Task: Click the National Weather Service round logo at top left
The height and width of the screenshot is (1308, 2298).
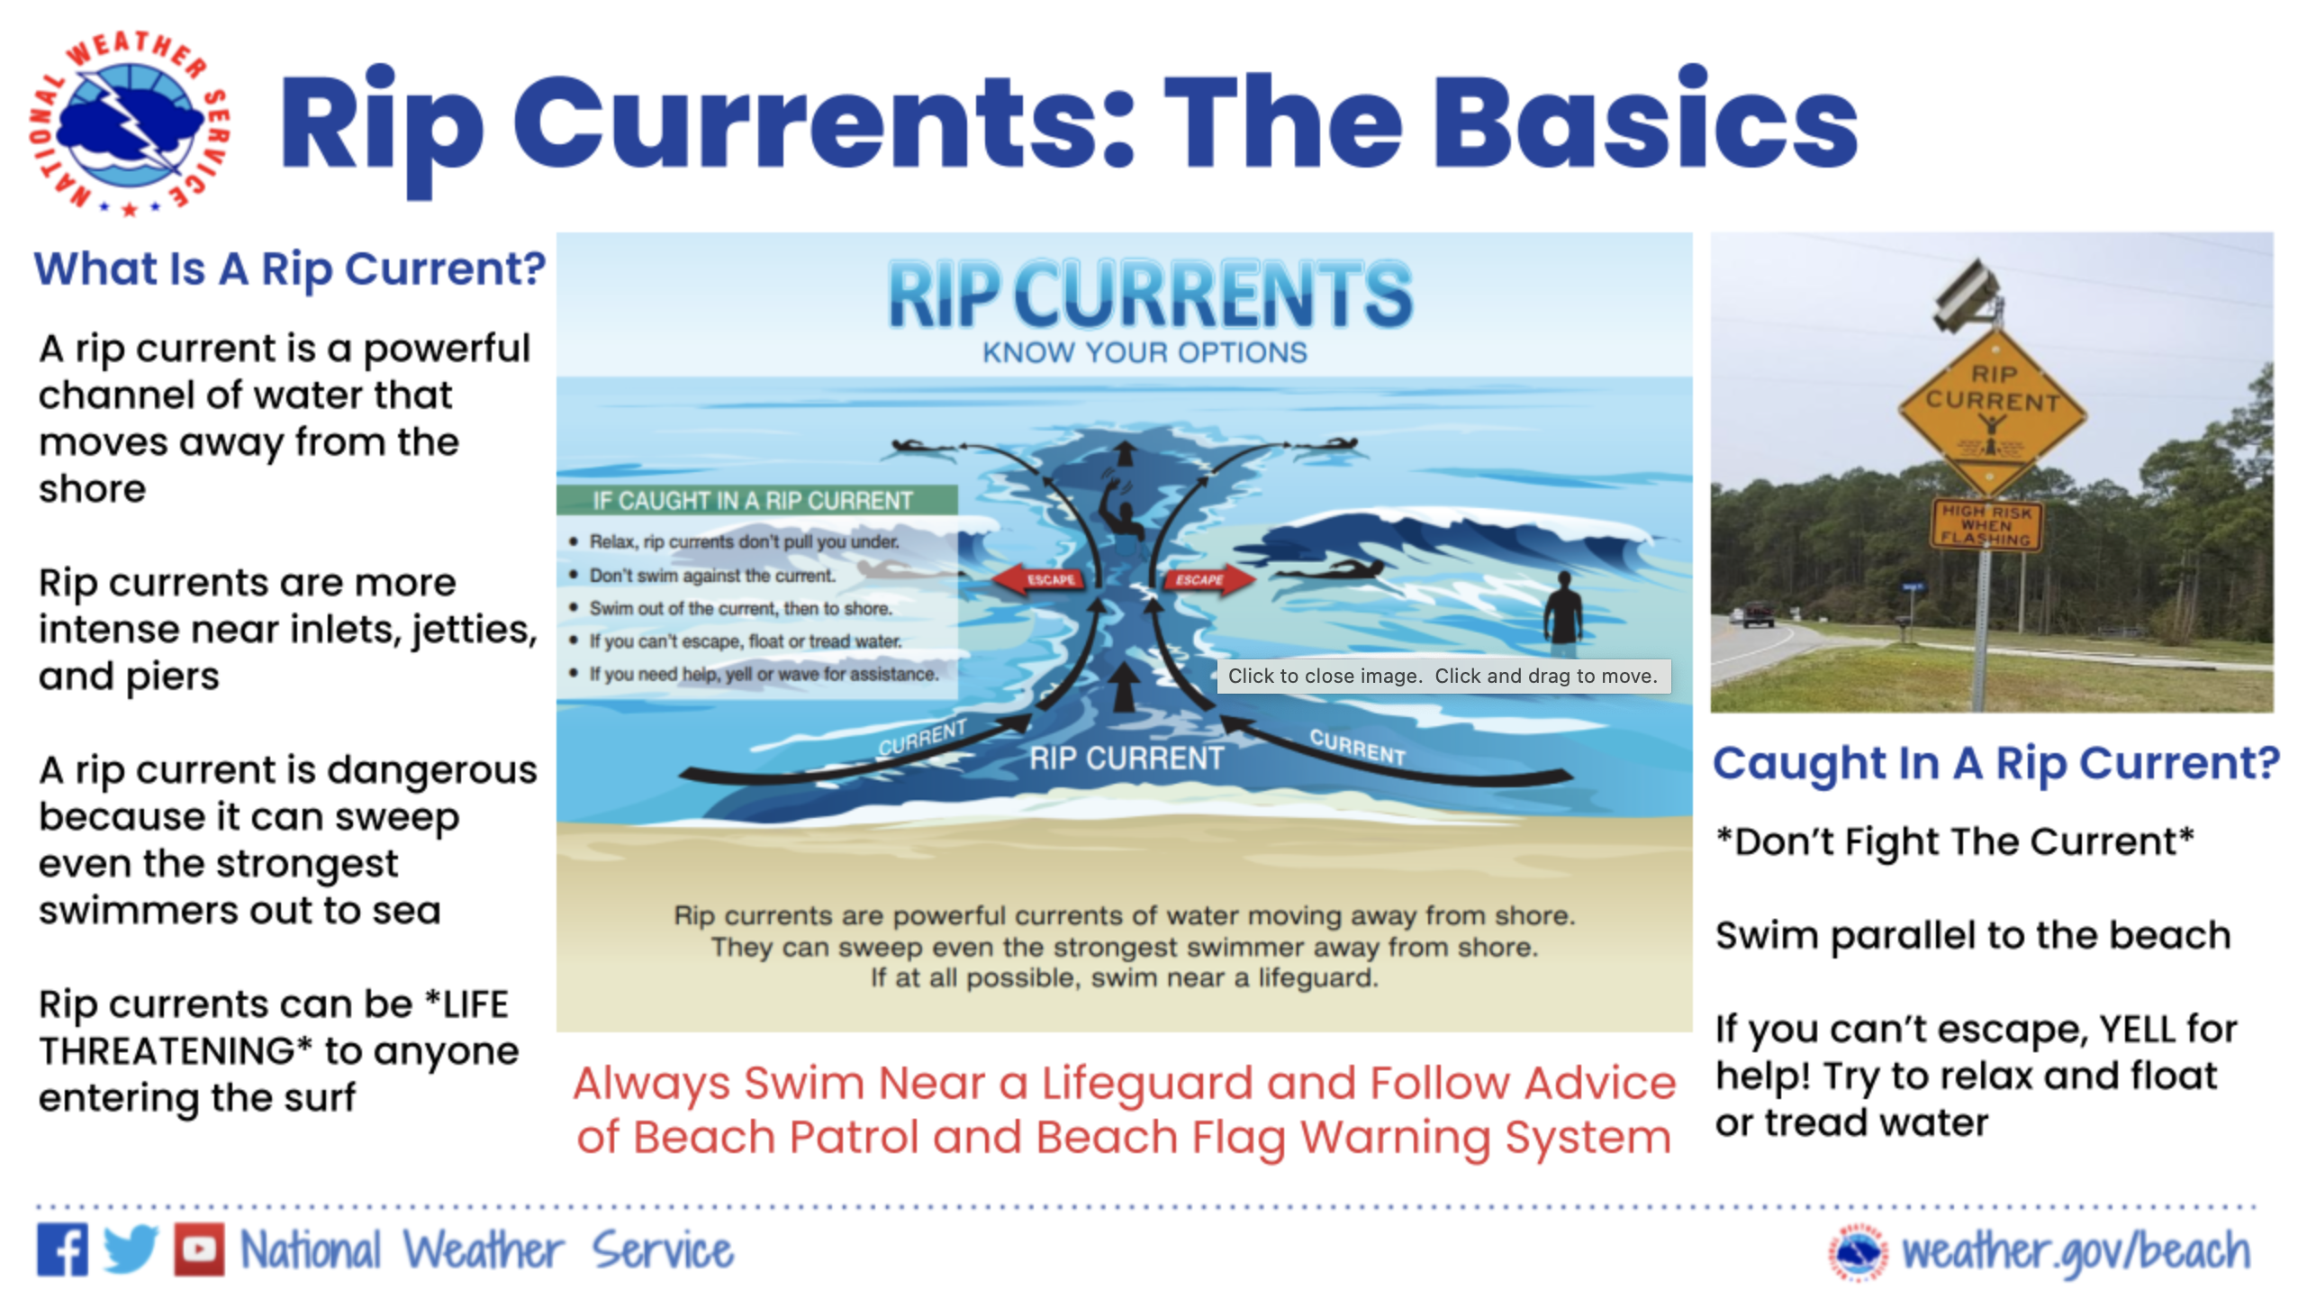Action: tap(130, 123)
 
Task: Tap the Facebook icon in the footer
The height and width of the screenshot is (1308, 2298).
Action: tap(62, 1249)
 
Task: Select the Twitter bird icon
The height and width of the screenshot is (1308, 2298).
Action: tap(131, 1249)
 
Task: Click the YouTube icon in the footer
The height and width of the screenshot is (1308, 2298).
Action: tap(199, 1249)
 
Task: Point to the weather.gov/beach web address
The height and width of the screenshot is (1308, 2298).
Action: tap(2075, 1251)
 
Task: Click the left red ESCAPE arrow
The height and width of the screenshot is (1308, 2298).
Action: tap(1045, 579)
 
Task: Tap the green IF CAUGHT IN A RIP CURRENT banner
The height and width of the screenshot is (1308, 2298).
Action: tap(756, 500)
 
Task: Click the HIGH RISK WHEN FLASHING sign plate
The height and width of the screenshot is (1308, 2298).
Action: tap(1986, 524)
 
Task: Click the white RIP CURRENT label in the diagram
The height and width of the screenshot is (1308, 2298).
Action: tap(1126, 758)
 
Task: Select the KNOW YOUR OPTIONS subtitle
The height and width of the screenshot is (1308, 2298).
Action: tap(1144, 352)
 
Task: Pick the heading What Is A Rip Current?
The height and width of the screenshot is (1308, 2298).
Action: tap(289, 268)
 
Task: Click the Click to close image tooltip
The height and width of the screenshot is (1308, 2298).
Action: tap(1443, 676)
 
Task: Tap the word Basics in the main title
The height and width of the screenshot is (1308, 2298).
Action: tap(1645, 121)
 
